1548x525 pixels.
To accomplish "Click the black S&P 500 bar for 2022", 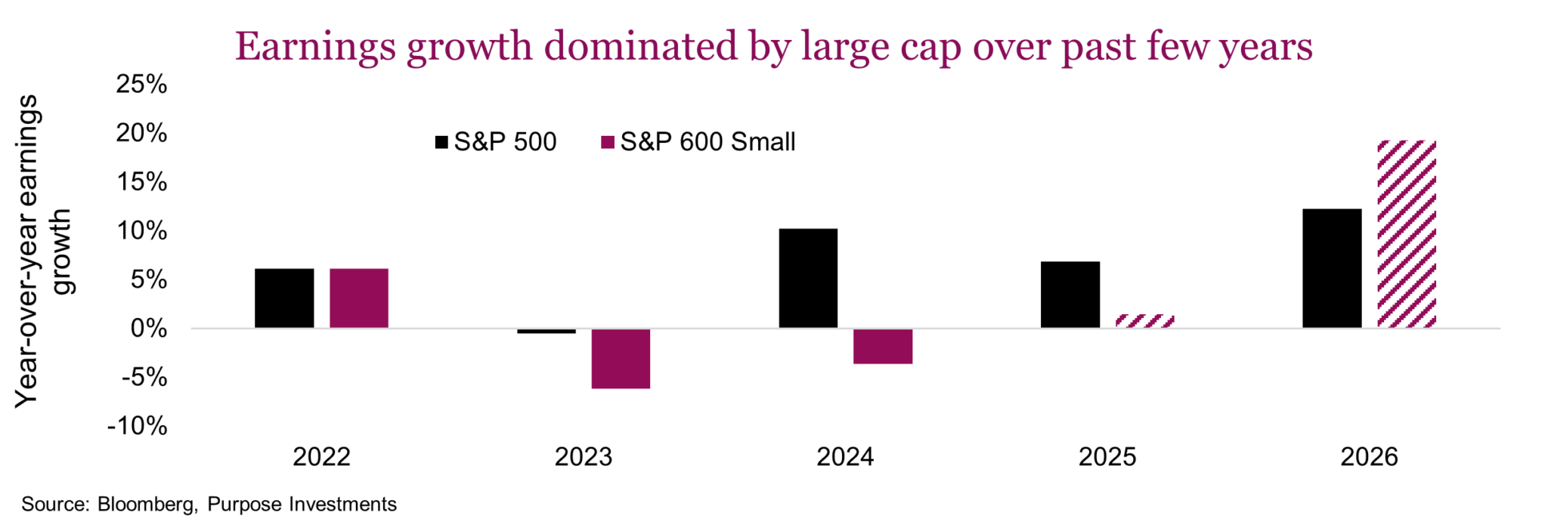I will pyautogui.click(x=283, y=298).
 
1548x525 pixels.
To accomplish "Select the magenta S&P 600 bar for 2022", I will pyautogui.click(x=358, y=298).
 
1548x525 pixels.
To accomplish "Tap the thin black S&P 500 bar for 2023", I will pyautogui.click(x=546, y=331).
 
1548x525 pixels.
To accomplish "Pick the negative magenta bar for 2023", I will pyautogui.click(x=621, y=358).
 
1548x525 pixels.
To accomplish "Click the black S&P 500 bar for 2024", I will pyautogui.click(x=808, y=278).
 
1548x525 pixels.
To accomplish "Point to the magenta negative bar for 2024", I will pyautogui.click(x=882, y=346).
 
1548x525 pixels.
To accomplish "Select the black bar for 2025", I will pyautogui.click(x=1070, y=295).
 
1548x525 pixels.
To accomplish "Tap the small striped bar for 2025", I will pyautogui.click(x=1144, y=321).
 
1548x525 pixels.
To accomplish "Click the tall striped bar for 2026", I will pyautogui.click(x=1406, y=234).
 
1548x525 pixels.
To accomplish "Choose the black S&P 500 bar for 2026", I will pyautogui.click(x=1332, y=268).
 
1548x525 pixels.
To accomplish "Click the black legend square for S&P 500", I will pyautogui.click(x=441, y=142).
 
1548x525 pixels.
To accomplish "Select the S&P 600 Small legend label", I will pyautogui.click(x=707, y=142).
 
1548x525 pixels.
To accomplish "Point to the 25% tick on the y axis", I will pyautogui.click(x=141, y=84).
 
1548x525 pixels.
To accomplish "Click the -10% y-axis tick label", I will pyautogui.click(x=138, y=426).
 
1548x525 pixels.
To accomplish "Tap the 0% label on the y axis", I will pyautogui.click(x=148, y=329).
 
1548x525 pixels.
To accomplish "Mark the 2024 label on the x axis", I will pyautogui.click(x=844, y=457).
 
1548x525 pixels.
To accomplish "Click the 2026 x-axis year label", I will pyautogui.click(x=1369, y=457).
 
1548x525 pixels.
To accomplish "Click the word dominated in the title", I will pyautogui.click(x=640, y=47).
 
